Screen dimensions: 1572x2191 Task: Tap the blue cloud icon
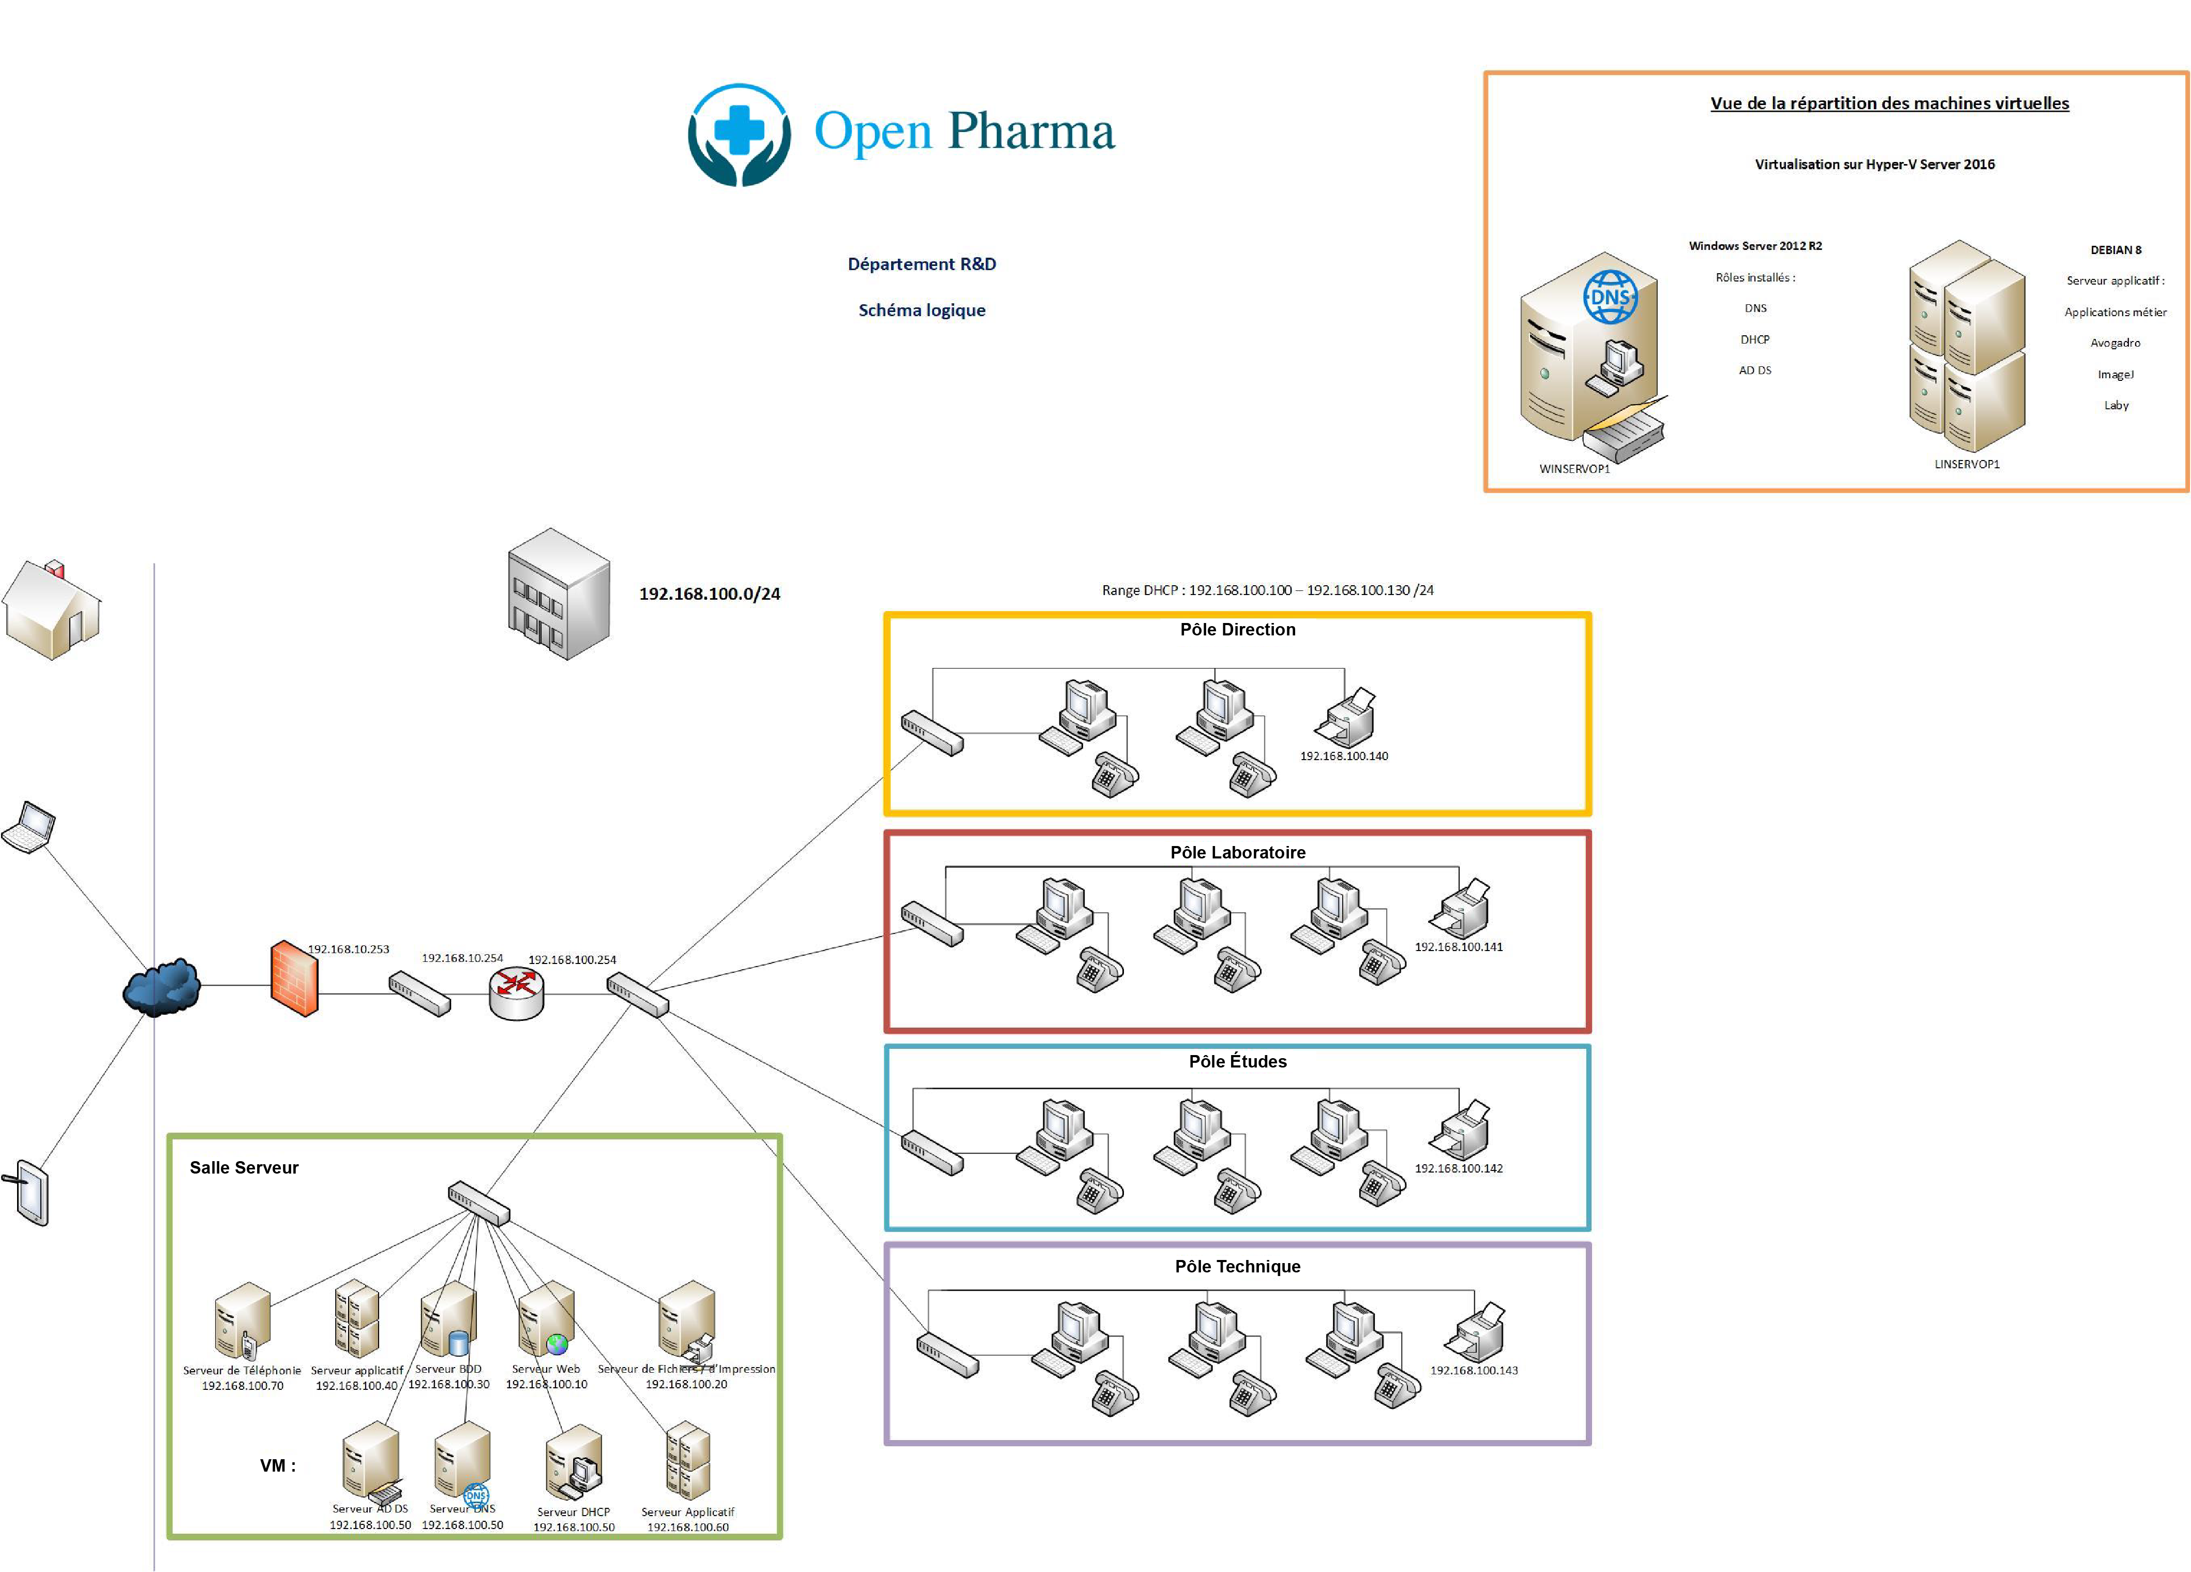pos(161,986)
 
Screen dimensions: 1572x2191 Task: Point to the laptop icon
pos(29,827)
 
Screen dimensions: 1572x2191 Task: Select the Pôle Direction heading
pos(1238,630)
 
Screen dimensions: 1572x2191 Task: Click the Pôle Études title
pos(1238,1061)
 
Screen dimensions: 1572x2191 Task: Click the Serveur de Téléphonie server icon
pos(242,1320)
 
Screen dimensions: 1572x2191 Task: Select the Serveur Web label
pos(546,1368)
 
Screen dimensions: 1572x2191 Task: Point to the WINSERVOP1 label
pos(1574,469)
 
